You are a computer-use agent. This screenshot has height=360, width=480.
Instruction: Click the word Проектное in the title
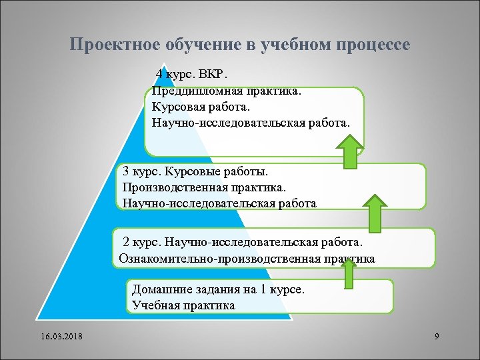pyautogui.click(x=107, y=45)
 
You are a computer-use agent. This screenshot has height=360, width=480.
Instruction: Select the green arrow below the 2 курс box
pyautogui.click(x=348, y=273)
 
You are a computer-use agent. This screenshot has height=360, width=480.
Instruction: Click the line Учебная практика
pyautogui.click(x=183, y=306)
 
